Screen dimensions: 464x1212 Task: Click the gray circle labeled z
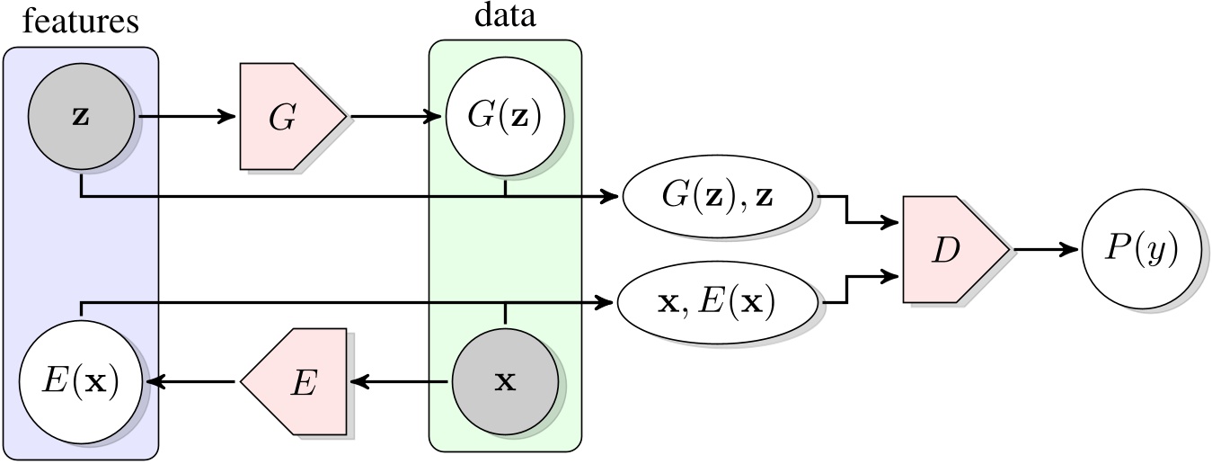click(x=81, y=117)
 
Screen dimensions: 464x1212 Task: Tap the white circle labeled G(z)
click(x=506, y=117)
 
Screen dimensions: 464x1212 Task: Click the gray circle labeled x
click(x=506, y=381)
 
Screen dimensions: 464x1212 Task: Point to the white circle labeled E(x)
click(x=81, y=382)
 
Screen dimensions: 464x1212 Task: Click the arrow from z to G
click(x=184, y=117)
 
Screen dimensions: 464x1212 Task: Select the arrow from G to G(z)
click(x=395, y=117)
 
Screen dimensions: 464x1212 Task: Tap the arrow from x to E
click(x=400, y=382)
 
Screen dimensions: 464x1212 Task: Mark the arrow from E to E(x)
click(x=193, y=382)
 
